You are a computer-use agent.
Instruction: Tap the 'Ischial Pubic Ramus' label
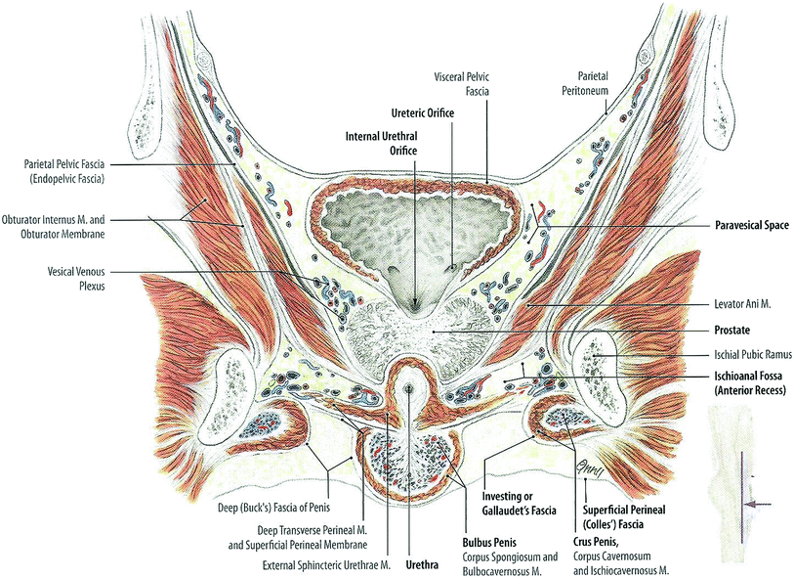click(x=751, y=355)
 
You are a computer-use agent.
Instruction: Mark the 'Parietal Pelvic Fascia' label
click(x=68, y=172)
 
